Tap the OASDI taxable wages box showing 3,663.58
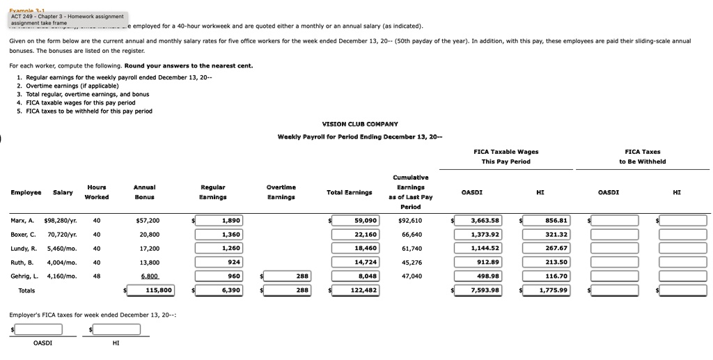click(x=479, y=221)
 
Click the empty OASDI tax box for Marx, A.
click(x=615, y=221)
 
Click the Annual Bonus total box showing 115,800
click(x=151, y=290)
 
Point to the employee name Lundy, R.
click(x=24, y=249)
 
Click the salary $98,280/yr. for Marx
click(x=62, y=221)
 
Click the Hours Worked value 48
click(x=97, y=276)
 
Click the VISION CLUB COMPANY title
click(x=360, y=124)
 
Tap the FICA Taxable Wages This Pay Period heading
click(x=506, y=157)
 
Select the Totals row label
click(x=26, y=290)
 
